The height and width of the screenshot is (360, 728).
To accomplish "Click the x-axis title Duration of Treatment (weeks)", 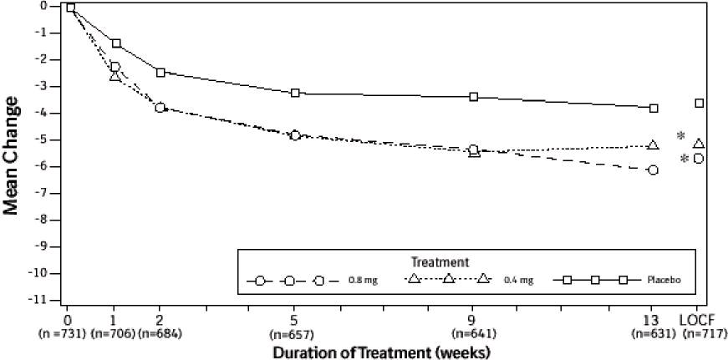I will (x=380, y=352).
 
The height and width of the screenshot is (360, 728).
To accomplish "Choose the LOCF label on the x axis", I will (x=699, y=320).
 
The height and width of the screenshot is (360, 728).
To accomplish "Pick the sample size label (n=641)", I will (x=474, y=333).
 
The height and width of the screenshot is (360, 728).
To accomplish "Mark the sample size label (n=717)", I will (x=699, y=333).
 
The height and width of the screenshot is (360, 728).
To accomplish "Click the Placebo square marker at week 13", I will (x=654, y=109).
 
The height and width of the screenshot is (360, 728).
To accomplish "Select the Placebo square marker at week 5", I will (x=295, y=93).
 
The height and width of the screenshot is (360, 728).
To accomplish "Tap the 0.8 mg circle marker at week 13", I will (x=653, y=170).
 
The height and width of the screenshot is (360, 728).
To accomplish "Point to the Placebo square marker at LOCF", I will (x=699, y=104).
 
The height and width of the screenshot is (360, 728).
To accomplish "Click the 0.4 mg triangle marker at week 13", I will (x=653, y=145).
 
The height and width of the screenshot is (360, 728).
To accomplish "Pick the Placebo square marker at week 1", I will (x=115, y=43).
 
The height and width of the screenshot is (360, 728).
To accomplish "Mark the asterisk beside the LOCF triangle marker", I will (x=681, y=136).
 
